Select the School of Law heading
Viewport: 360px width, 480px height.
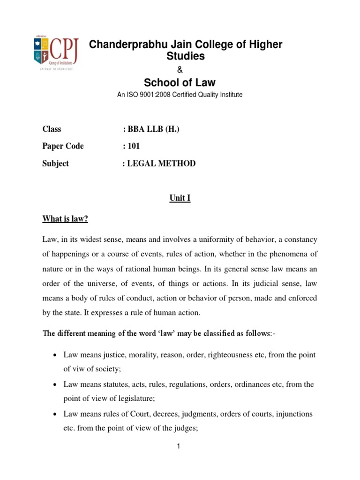tap(180, 82)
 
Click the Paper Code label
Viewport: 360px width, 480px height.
tap(63, 146)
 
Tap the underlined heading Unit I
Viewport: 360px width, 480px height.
tap(180, 199)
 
